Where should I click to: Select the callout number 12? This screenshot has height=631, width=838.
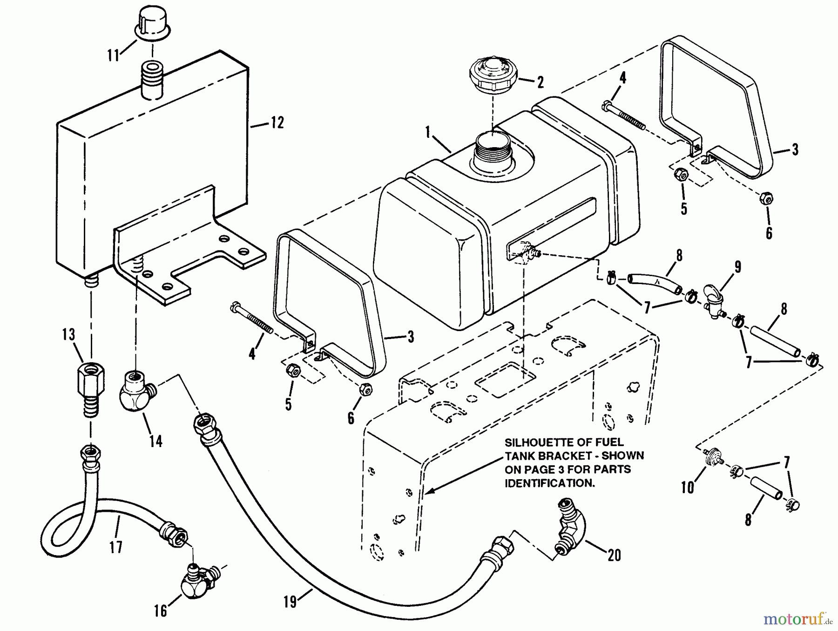click(277, 123)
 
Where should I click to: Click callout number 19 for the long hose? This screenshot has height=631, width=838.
click(290, 602)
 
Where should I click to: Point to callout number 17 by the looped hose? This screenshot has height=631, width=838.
click(116, 546)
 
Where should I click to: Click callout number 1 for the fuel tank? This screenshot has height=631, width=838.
click(427, 133)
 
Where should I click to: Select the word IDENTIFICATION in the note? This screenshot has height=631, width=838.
click(549, 483)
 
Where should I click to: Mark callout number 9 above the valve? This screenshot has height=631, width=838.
click(738, 267)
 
